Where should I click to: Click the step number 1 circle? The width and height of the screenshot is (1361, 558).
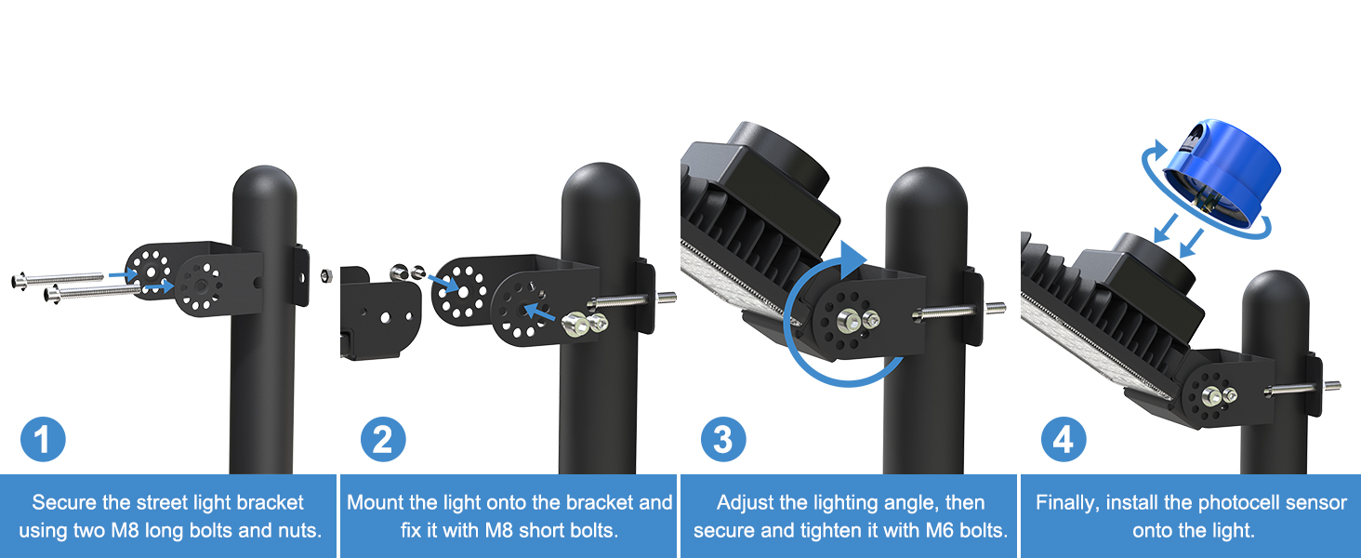click(x=43, y=440)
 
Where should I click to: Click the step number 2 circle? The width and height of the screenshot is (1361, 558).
click(x=383, y=440)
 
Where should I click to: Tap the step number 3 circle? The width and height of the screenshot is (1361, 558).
click(x=723, y=440)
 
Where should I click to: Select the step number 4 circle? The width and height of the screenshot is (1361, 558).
click(x=1064, y=440)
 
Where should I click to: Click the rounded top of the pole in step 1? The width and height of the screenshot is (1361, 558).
click(x=263, y=191)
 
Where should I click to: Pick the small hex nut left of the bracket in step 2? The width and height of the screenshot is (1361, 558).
click(x=326, y=274)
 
